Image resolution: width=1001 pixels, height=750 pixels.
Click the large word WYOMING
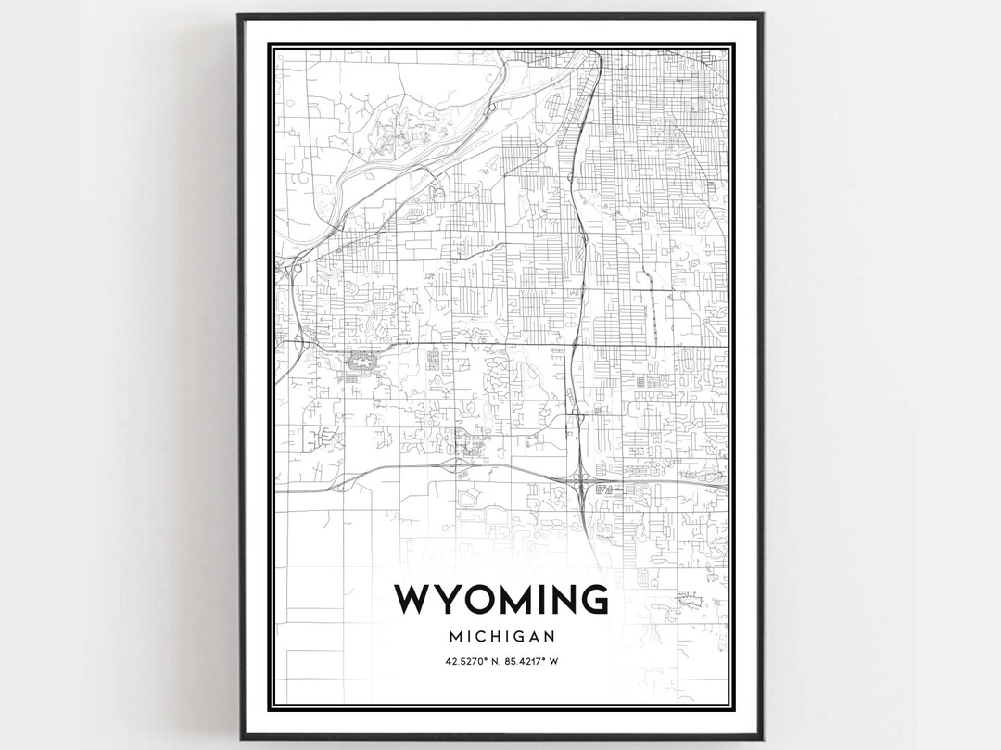pyautogui.click(x=500, y=600)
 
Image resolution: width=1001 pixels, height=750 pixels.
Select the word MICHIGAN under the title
pyautogui.click(x=500, y=637)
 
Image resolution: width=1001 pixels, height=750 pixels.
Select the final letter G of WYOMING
pyautogui.click(x=594, y=600)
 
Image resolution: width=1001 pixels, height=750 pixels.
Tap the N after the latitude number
pyautogui.click(x=494, y=661)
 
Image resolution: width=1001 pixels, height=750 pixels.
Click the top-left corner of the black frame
pyautogui.click(x=239, y=15)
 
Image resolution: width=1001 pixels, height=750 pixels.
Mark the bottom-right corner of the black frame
pyautogui.click(x=762, y=737)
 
